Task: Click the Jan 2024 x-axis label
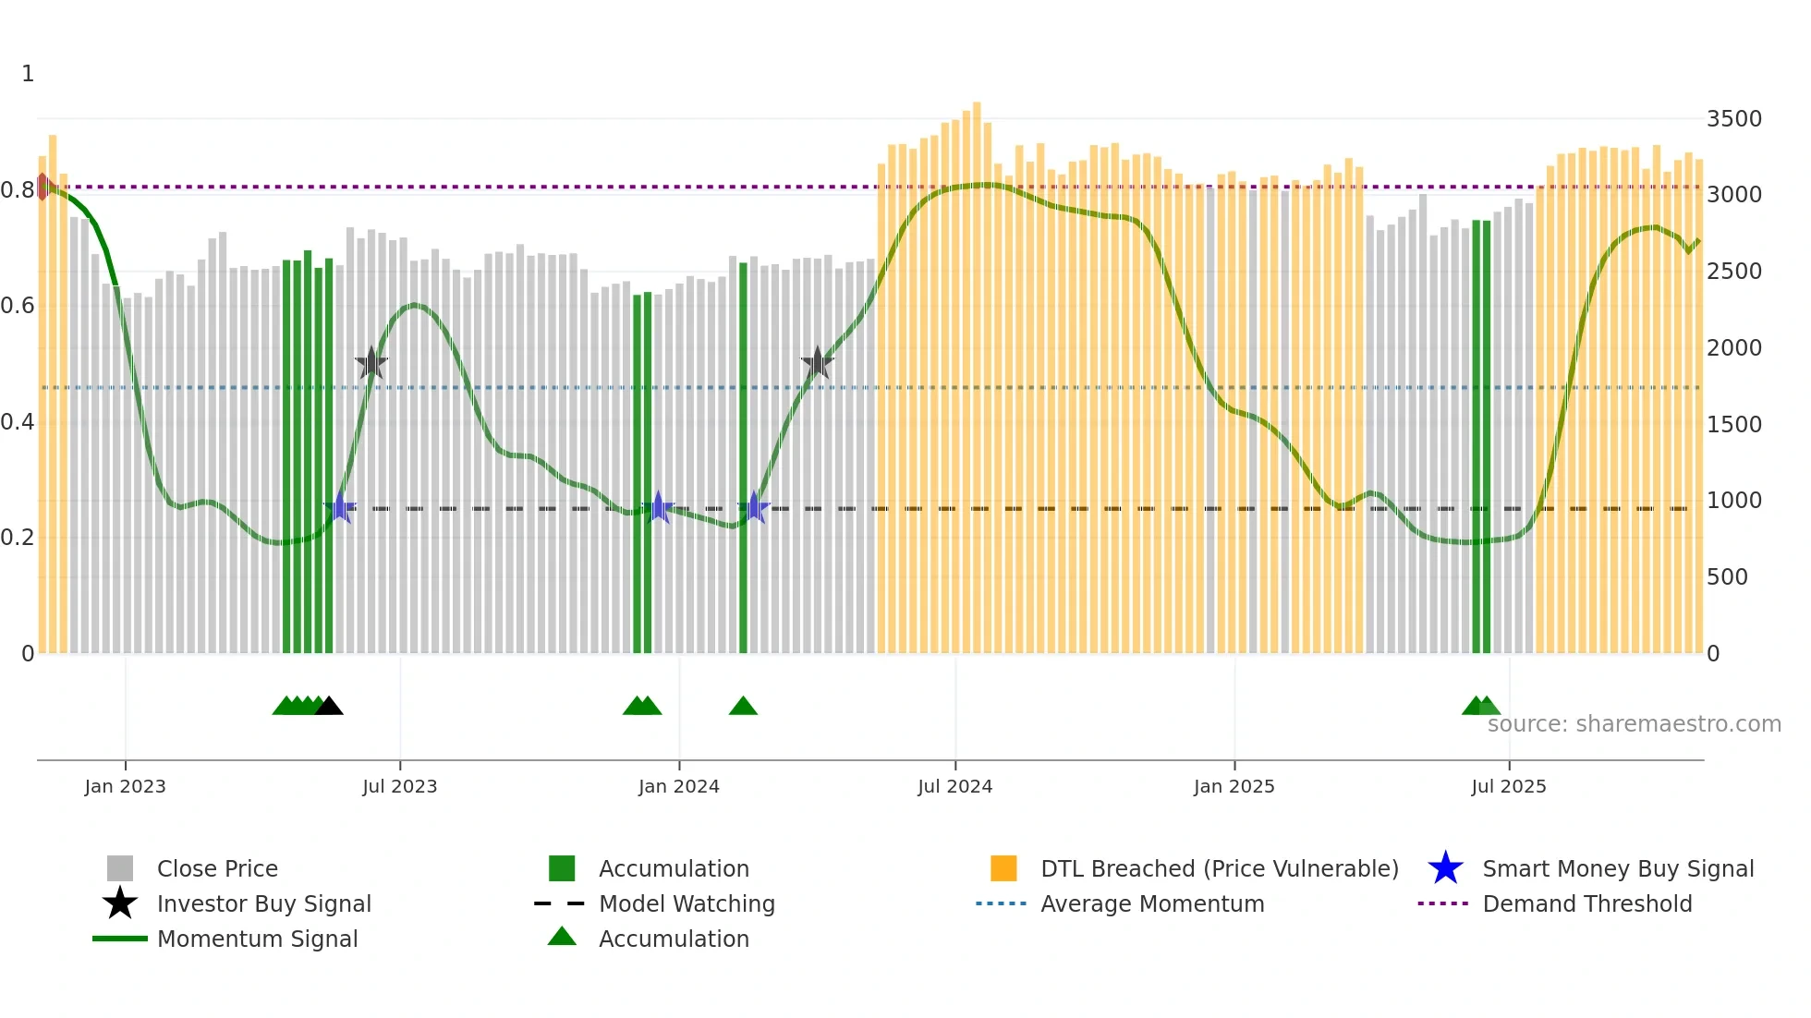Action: [x=678, y=786]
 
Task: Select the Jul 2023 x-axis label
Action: [x=399, y=786]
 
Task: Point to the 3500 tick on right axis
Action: [x=1733, y=119]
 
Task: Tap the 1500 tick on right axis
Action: [x=1733, y=425]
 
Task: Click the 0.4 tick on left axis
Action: [x=18, y=422]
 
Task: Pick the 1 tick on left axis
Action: [x=28, y=74]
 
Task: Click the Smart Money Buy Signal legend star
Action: [x=1445, y=868]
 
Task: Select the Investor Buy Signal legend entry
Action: [x=263, y=903]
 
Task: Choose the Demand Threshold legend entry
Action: [x=1586, y=903]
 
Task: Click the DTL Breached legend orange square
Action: [x=1003, y=868]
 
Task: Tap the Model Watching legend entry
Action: [x=686, y=903]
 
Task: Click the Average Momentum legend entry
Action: [x=1151, y=903]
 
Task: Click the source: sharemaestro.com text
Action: [x=1634, y=724]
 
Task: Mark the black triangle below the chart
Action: [x=329, y=707]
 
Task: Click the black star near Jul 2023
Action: [x=371, y=364]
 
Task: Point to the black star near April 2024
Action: [x=817, y=363]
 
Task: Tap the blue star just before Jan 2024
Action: [x=658, y=507]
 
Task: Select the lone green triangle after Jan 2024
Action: [x=743, y=707]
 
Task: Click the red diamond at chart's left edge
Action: [x=43, y=187]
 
